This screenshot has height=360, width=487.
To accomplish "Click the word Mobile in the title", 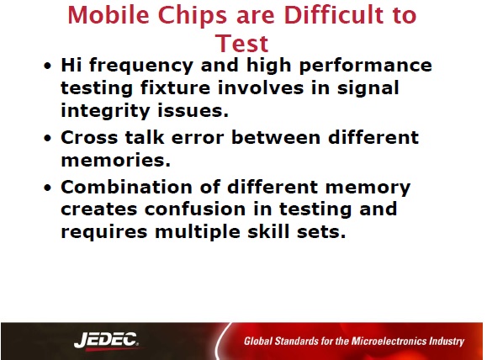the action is click(x=109, y=15).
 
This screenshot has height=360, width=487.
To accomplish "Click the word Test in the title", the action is click(x=242, y=43).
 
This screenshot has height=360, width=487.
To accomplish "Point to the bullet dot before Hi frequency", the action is click(x=47, y=66).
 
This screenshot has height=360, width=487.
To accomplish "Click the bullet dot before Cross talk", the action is click(x=47, y=138).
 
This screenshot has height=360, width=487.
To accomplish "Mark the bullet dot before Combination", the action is click(x=47, y=188).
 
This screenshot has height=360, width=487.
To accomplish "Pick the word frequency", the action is click(x=141, y=66).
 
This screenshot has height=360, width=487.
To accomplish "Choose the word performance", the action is click(x=366, y=66).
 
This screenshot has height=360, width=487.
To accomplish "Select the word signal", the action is click(x=368, y=88).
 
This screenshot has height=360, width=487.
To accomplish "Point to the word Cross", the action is click(x=89, y=138).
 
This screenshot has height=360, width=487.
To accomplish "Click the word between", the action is click(x=276, y=137).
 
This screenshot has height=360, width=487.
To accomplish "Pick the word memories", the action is click(x=115, y=161).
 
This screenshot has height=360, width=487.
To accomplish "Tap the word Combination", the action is click(x=125, y=187).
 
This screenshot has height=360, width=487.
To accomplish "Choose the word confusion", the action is click(x=195, y=209).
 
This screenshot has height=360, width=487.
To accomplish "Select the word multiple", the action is click(x=198, y=232).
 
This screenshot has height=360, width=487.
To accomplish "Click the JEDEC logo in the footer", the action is click(x=106, y=340).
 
